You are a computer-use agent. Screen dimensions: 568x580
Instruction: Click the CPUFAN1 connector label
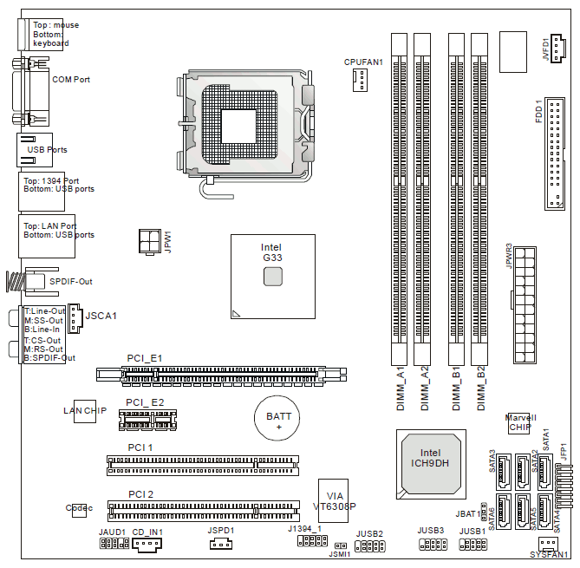click(x=363, y=62)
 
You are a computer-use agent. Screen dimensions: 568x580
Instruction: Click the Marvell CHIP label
click(x=520, y=422)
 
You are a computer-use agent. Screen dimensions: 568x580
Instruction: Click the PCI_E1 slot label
click(x=144, y=358)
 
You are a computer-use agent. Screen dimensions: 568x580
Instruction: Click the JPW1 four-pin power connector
click(x=148, y=240)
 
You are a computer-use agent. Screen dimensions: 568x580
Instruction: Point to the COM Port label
click(x=71, y=79)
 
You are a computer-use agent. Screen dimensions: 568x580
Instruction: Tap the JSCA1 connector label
click(x=101, y=315)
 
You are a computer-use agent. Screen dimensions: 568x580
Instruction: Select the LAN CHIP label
click(x=85, y=409)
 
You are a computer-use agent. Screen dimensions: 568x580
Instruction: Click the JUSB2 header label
click(x=369, y=533)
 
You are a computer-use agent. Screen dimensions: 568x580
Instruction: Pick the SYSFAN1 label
click(x=549, y=555)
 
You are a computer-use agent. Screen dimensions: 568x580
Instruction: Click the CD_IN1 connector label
click(x=147, y=532)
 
